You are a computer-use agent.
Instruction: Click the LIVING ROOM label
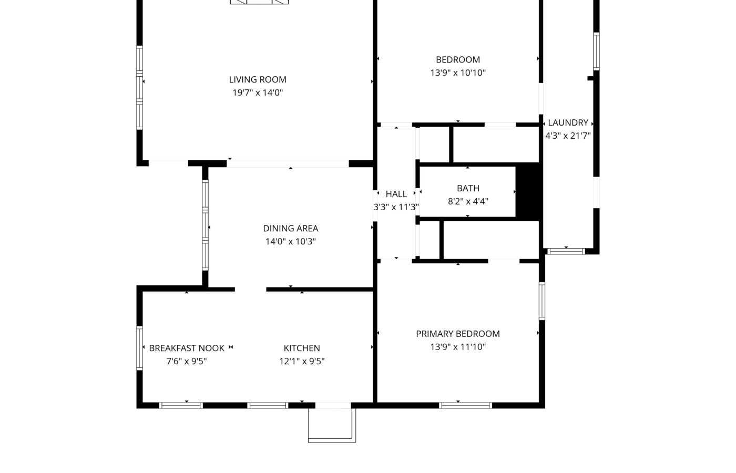[x=258, y=79]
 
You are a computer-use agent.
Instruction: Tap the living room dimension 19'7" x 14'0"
[x=258, y=92]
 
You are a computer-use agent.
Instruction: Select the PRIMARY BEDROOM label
[x=458, y=334]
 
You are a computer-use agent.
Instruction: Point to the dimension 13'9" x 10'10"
[x=458, y=73]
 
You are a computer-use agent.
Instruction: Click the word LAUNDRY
[x=568, y=122]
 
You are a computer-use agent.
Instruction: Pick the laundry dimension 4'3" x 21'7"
[x=568, y=136]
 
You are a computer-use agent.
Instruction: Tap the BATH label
[x=468, y=188]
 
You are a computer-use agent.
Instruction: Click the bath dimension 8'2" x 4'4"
[x=468, y=201]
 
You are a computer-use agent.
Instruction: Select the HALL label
[x=396, y=194]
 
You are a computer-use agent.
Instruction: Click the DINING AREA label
[x=291, y=228]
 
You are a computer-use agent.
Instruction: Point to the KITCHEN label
[x=302, y=348]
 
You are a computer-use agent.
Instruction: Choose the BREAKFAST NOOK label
[x=187, y=348]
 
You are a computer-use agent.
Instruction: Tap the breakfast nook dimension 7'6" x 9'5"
[x=187, y=362]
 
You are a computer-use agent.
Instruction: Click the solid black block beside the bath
[x=528, y=192]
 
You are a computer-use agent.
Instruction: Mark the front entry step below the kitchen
[x=332, y=425]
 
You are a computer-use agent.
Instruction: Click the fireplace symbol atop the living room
[x=259, y=2]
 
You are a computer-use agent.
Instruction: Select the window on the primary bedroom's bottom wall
[x=466, y=405]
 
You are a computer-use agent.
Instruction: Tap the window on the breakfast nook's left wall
[x=140, y=348]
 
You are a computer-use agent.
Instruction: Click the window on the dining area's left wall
[x=205, y=225]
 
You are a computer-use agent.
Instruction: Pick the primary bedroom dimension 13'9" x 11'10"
[x=458, y=347]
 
